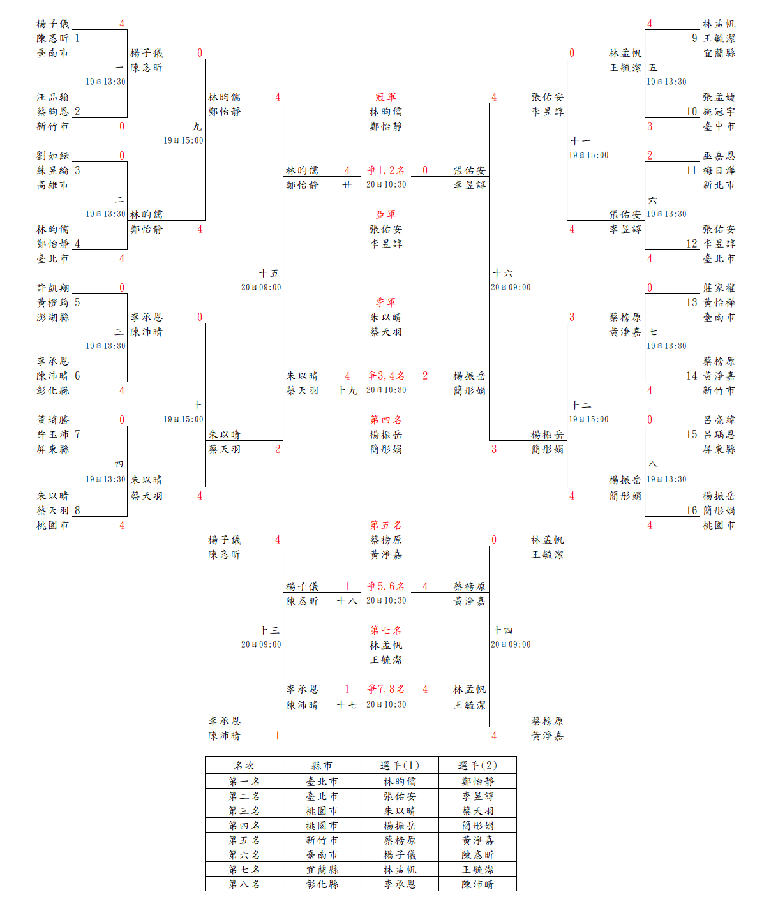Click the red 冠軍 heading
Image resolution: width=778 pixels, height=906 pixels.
385,97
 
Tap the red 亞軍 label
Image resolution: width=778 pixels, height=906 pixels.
385,214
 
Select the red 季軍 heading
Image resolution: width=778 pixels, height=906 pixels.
385,302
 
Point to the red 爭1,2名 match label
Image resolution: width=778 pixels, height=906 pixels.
385,170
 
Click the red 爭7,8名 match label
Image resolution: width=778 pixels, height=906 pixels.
385,689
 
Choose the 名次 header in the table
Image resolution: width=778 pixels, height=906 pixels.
244,766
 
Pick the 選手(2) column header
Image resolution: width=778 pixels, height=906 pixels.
477,766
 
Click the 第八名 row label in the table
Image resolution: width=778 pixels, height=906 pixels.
244,884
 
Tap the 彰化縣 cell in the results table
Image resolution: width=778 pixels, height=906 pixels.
322,884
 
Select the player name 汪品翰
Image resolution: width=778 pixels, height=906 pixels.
52,97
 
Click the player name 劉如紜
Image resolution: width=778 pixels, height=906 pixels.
52,156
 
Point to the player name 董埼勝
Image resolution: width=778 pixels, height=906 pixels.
52,420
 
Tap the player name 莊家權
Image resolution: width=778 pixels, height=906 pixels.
719,288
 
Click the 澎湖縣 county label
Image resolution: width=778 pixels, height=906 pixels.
52,317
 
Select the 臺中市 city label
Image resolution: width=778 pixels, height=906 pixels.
719,126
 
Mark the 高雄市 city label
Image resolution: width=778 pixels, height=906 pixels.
52,185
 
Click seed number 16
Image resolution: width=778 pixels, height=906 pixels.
692,510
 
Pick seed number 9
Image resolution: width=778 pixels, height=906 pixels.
694,38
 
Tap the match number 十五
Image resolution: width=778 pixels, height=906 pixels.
269,273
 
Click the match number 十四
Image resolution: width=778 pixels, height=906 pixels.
502,630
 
